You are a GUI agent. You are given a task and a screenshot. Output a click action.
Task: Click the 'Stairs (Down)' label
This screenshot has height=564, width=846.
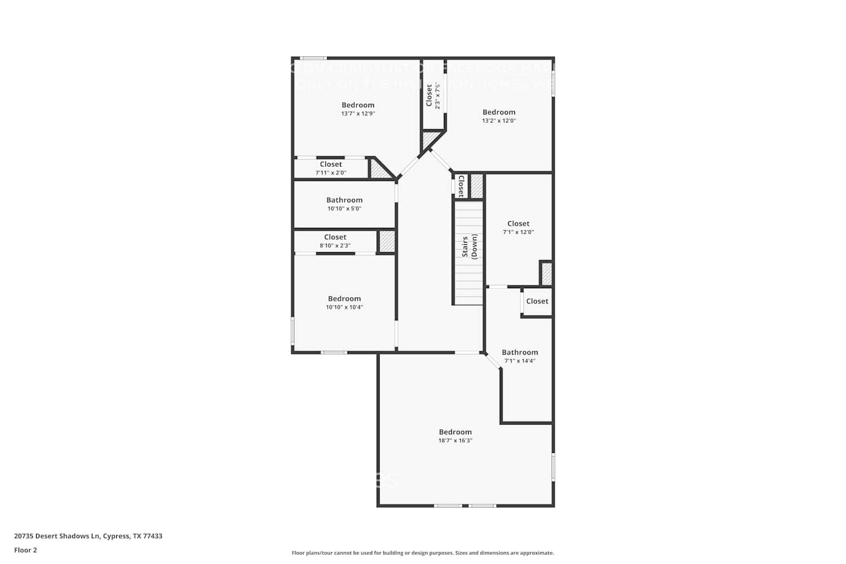[469, 246]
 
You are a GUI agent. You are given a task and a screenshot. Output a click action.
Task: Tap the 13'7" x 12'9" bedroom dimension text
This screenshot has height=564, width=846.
[358, 113]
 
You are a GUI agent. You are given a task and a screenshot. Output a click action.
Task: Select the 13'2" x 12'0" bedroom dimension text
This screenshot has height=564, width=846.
[499, 121]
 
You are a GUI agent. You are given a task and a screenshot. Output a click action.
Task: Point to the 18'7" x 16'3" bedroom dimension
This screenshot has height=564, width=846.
[455, 440]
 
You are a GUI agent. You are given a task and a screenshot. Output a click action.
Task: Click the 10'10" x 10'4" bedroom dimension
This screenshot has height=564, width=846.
[344, 307]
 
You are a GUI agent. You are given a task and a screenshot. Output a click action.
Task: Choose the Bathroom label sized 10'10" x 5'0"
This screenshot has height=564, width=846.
[344, 200]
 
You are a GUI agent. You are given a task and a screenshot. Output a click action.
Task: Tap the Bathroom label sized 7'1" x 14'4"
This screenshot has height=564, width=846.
[519, 352]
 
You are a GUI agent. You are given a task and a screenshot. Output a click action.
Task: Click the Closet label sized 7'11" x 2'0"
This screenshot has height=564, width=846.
[331, 164]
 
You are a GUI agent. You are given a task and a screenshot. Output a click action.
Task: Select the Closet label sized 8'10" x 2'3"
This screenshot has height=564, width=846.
[335, 237]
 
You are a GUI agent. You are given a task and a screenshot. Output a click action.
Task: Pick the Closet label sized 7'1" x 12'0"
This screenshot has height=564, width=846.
[518, 223]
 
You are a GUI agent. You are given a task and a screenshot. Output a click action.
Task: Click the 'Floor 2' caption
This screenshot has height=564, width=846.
[25, 550]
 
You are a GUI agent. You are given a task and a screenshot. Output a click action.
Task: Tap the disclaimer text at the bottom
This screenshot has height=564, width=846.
[422, 553]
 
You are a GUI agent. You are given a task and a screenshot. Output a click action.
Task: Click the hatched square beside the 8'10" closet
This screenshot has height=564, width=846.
[386, 241]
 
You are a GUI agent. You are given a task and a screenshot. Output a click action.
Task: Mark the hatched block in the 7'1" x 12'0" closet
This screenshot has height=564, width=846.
[546, 274]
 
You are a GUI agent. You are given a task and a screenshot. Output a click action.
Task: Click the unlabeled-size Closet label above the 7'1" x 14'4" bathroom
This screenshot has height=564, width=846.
[537, 301]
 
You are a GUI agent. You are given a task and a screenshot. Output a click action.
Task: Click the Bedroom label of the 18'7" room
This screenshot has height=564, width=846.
[455, 432]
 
